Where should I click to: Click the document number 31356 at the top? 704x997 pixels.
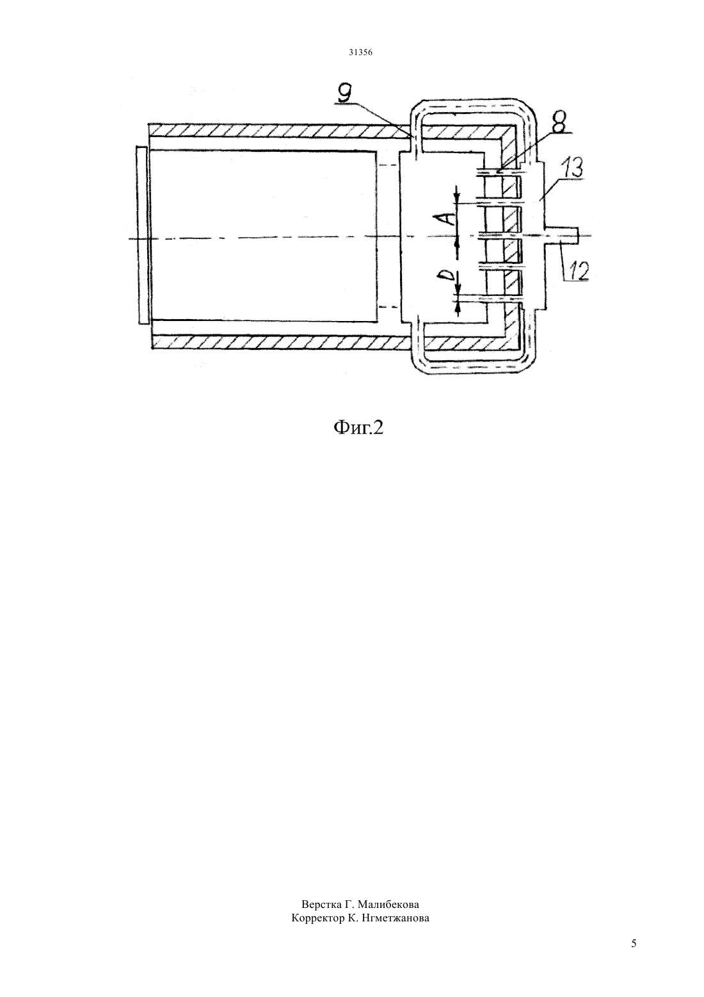360,53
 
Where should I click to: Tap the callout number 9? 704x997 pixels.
346,94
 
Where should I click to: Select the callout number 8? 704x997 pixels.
559,123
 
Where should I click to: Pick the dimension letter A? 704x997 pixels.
450,218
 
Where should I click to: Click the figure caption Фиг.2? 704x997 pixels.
358,428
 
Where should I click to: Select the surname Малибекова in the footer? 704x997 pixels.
388,905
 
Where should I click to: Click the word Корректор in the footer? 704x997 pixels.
317,918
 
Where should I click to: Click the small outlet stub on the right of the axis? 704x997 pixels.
563,235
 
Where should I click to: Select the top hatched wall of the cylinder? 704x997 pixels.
280,130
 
